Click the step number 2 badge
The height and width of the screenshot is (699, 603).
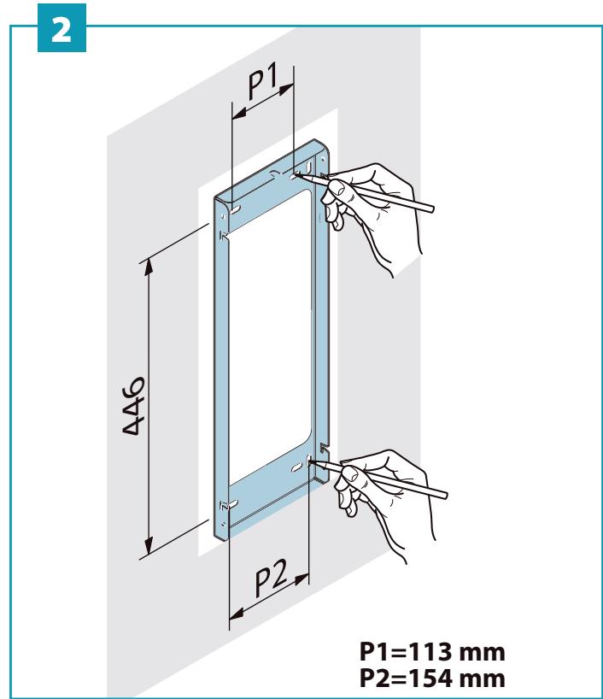[x=61, y=27]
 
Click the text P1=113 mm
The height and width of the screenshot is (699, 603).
[x=432, y=652]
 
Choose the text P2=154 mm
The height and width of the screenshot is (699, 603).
[x=432, y=678]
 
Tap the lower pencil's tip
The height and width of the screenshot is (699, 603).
[x=312, y=461]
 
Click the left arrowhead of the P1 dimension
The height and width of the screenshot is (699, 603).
[x=240, y=114]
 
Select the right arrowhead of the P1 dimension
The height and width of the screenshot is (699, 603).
[x=286, y=89]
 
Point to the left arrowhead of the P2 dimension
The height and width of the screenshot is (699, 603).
[x=237, y=614]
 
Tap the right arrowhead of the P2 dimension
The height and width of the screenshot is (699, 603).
[x=301, y=579]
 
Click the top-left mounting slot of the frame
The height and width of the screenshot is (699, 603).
[x=236, y=209]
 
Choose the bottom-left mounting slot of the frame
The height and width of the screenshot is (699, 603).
[x=233, y=505]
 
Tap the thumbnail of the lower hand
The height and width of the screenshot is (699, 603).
[x=349, y=474]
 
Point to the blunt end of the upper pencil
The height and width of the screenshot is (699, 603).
[x=431, y=209]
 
